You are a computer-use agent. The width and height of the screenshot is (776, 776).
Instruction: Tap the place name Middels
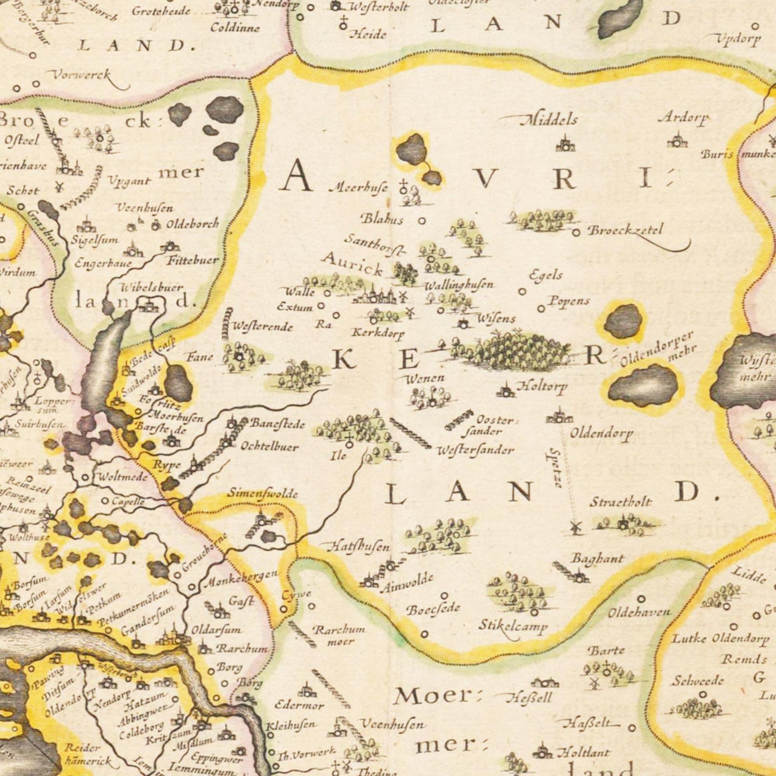click(549, 119)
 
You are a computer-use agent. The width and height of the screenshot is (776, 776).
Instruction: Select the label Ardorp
click(683, 118)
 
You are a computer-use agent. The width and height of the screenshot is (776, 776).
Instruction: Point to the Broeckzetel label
click(626, 230)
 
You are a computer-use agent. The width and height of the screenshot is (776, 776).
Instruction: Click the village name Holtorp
click(541, 386)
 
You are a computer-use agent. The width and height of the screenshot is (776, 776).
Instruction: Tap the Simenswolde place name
click(262, 493)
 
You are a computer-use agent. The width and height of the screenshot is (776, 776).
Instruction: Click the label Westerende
click(262, 327)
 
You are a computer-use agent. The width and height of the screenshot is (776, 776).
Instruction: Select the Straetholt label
click(620, 503)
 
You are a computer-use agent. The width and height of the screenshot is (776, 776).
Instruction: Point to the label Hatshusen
click(359, 547)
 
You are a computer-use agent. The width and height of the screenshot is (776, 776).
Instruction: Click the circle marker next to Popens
click(541, 309)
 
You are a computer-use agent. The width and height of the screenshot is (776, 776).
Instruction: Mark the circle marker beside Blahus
click(422, 220)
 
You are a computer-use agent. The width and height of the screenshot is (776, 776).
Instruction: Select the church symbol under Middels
click(564, 144)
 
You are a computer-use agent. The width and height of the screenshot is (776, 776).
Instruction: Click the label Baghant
click(597, 559)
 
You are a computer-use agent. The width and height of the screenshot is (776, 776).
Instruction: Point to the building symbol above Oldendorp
click(559, 416)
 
